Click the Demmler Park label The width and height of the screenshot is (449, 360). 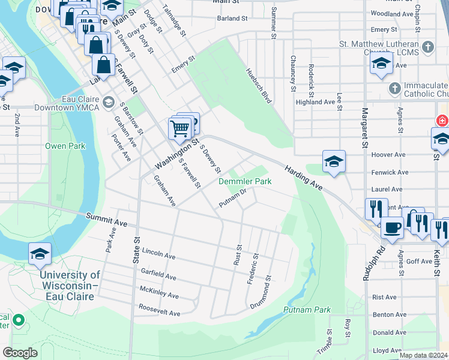point(244,181)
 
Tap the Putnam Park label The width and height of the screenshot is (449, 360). point(307,310)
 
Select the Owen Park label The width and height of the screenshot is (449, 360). point(65,146)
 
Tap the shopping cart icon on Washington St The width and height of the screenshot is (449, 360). point(180,127)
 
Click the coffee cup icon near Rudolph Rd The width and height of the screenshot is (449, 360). point(393,228)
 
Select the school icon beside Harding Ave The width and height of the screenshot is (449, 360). point(334,161)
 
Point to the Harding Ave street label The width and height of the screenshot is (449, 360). point(304,178)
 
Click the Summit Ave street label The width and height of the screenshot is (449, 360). point(106,220)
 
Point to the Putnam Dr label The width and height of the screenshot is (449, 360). point(233,199)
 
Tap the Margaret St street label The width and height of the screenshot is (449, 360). point(364,128)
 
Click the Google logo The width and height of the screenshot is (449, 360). point(20,353)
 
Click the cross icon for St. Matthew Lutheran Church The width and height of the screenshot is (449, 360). point(427,47)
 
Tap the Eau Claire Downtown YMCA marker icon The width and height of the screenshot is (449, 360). point(108,102)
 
